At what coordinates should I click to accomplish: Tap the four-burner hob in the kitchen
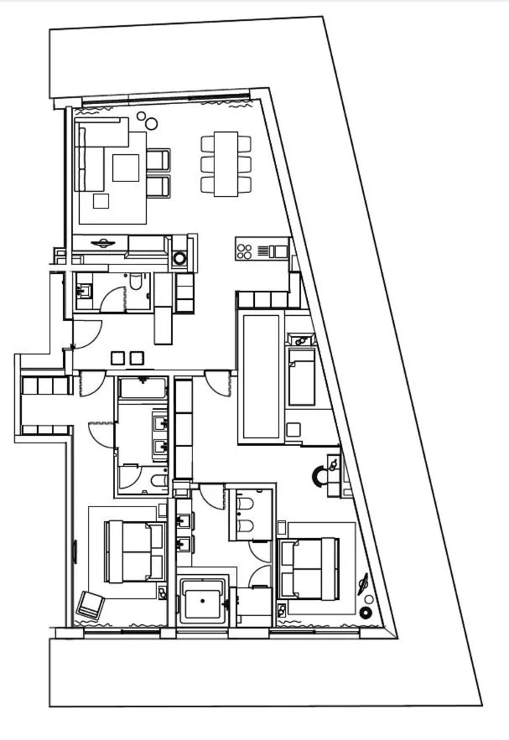pos(245,249)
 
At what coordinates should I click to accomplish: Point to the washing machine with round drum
pos(180,257)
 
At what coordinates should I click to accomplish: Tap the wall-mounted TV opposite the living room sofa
pos(102,243)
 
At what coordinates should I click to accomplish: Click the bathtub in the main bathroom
pos(143,388)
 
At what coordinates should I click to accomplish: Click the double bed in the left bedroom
pos(134,551)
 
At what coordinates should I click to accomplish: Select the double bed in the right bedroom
pos(309,568)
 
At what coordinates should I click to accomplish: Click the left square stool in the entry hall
pos(117,358)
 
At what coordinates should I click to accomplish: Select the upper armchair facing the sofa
pos(158,159)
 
